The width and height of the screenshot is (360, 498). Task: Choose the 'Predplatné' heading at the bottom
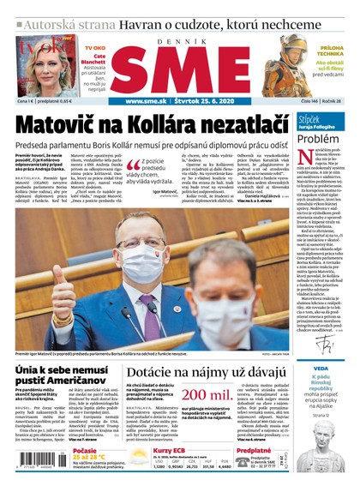(x=255, y=449)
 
